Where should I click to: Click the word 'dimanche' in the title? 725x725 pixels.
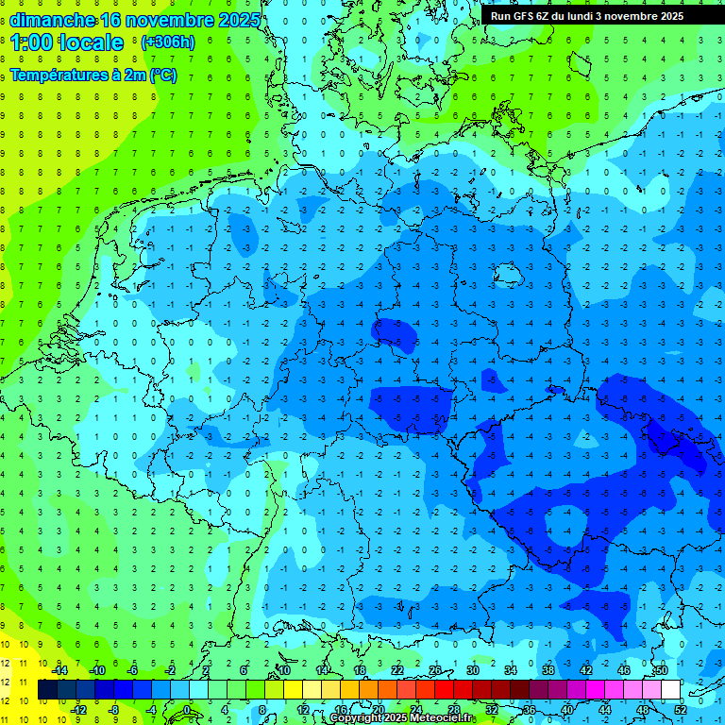coord(52,20)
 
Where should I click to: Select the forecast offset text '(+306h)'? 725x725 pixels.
coord(169,42)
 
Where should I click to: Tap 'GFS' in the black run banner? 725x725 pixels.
coord(529,16)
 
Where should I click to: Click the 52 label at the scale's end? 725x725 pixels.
coord(678,709)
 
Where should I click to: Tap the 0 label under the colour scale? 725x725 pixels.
coord(186,709)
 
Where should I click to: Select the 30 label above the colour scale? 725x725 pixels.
coord(472,669)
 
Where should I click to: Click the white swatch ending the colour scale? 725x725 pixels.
coord(670,689)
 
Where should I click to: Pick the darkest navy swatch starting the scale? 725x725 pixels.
coord(47,689)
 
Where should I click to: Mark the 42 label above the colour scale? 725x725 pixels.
coord(585,669)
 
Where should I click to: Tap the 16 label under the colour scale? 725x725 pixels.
coord(340,709)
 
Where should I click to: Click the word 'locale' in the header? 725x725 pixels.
coord(94,42)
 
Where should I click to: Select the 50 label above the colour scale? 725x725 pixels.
coord(661,669)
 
